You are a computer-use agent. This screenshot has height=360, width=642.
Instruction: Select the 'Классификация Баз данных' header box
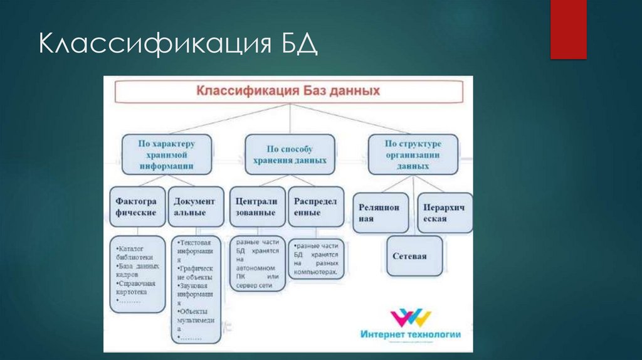pos(288,90)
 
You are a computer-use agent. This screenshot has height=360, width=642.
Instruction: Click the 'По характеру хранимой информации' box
pos(166,155)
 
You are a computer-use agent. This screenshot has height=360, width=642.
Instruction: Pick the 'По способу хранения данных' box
pos(290,155)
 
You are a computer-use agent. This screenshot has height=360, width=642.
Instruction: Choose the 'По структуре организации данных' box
pos(413,154)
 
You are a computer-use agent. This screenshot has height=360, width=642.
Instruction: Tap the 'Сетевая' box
pos(414,256)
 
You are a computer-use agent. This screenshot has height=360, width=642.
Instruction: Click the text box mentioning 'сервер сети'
pos(257,263)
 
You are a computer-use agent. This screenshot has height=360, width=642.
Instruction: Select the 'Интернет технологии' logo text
pos(410,334)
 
